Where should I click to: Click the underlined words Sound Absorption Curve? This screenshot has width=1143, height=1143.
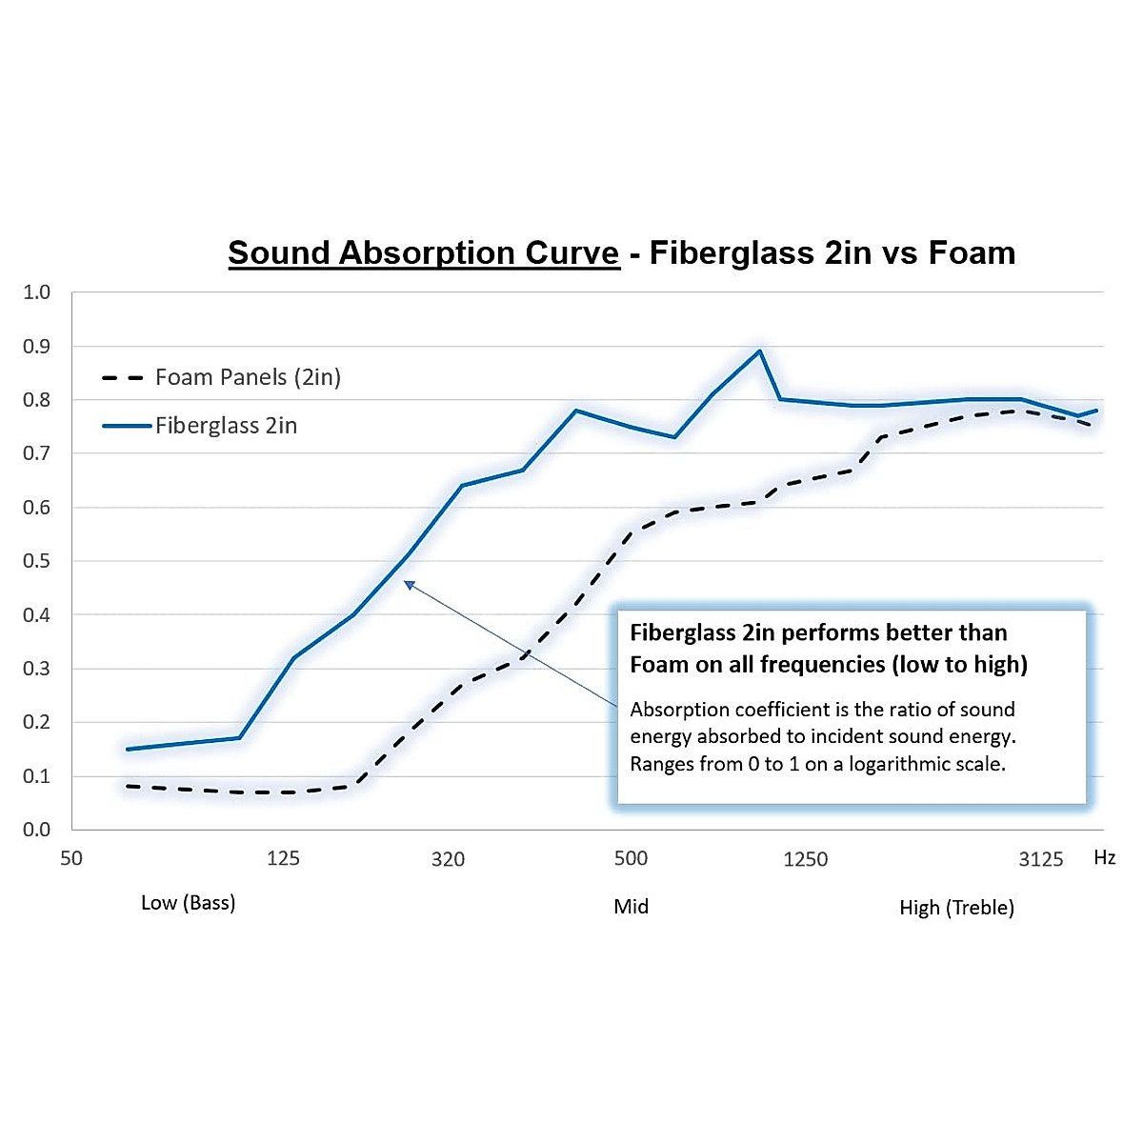coord(424,253)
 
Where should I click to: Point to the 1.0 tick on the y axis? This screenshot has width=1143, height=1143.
coord(37,292)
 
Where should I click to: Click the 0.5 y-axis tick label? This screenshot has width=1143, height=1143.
coord(37,561)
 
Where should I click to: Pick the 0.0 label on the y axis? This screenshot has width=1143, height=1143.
coord(37,830)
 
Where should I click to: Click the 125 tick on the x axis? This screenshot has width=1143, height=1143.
coord(283,859)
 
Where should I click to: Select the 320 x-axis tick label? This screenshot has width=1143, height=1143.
coord(448,860)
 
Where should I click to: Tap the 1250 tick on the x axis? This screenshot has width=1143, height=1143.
coord(805,860)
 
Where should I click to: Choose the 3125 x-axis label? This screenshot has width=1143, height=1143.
coord(1040,860)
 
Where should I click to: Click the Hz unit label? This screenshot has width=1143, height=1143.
coord(1104,858)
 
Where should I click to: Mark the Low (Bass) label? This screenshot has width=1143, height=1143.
coord(188,903)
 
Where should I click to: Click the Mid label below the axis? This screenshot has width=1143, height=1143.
coord(631,907)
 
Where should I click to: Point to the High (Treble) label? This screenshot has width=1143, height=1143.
coord(956,908)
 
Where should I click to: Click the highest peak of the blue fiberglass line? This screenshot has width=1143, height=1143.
coord(759,351)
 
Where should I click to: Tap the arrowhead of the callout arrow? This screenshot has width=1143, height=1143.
coord(409,585)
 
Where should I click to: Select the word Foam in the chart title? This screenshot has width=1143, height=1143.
coord(972,253)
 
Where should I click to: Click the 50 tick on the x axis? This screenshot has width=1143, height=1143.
coord(71,859)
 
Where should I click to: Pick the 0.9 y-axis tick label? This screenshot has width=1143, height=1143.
coord(37,347)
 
